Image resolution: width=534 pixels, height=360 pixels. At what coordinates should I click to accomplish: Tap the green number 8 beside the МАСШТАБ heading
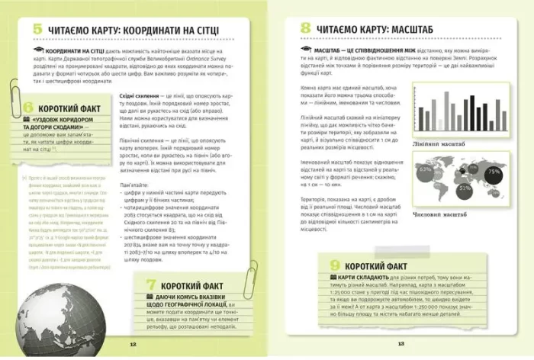(305, 29)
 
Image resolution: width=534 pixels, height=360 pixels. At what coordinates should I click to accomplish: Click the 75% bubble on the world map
(495, 172)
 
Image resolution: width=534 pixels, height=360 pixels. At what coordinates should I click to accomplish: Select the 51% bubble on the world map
(464, 186)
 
